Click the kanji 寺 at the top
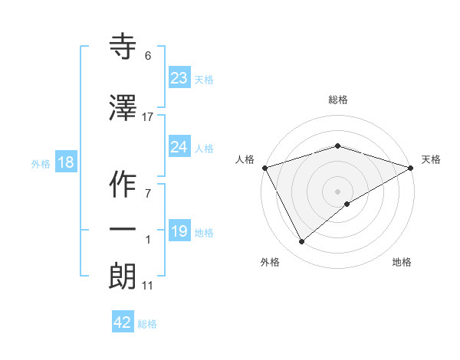click(x=123, y=47)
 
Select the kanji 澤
click(x=123, y=109)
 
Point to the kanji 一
click(x=123, y=228)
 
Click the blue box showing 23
click(x=179, y=78)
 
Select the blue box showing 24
click(x=179, y=147)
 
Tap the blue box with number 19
click(x=179, y=231)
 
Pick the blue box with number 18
click(x=65, y=162)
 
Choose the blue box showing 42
click(x=123, y=322)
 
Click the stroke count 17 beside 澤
click(x=148, y=117)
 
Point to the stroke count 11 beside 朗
click(x=148, y=286)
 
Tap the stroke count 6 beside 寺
click(x=148, y=56)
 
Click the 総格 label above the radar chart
click(x=338, y=100)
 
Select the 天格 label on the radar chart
click(x=431, y=159)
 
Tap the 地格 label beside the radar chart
click(x=402, y=262)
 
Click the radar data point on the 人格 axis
click(x=264, y=168)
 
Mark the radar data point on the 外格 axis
click(x=302, y=242)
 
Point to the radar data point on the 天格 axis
click(x=411, y=168)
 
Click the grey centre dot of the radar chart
click(x=338, y=191)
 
